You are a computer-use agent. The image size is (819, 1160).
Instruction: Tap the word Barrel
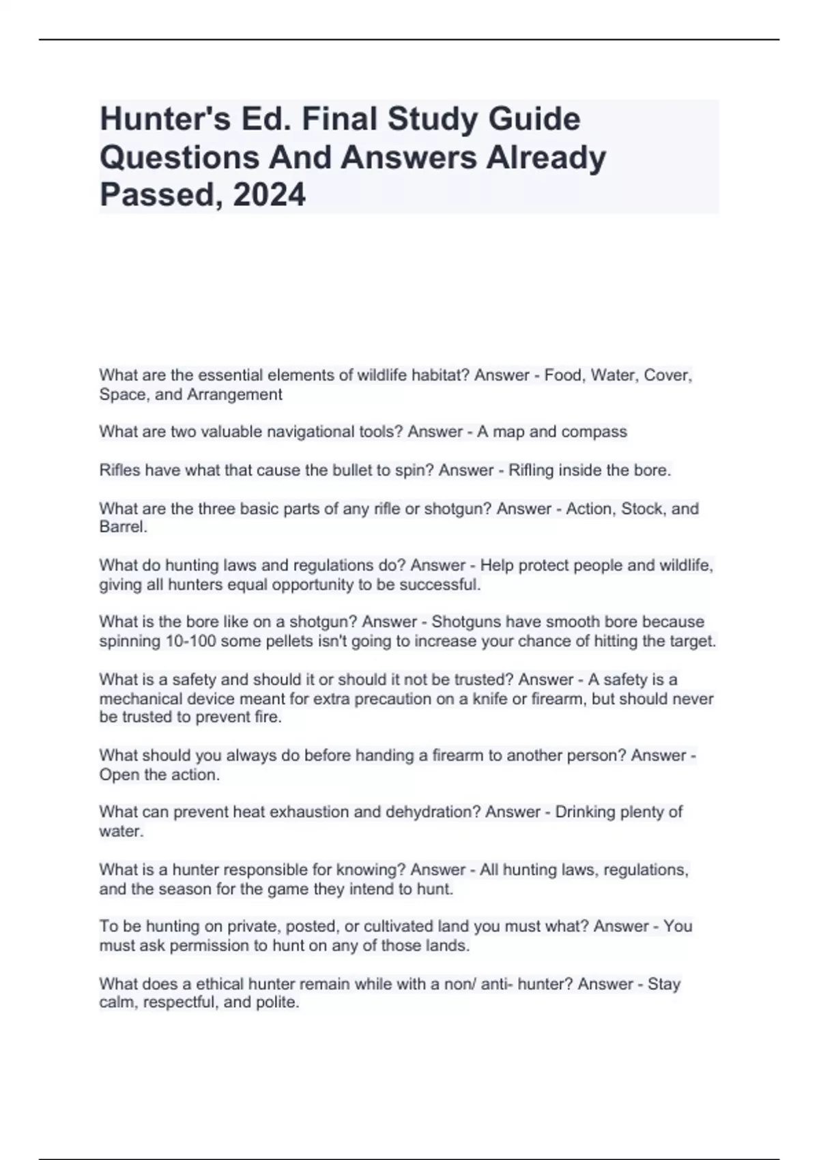pos(123,527)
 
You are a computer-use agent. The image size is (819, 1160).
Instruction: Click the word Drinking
pos(585,812)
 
